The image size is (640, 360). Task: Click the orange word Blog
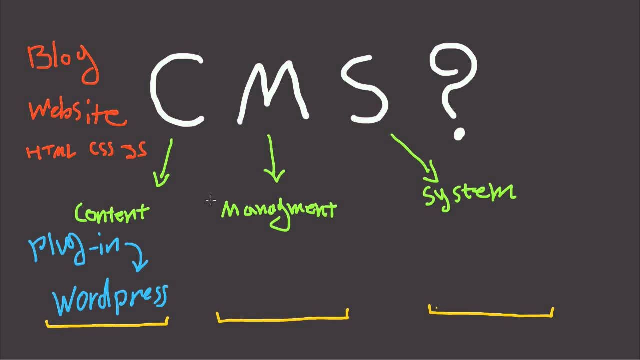point(62,62)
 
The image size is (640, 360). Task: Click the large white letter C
point(175,90)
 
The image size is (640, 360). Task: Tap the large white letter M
point(272,90)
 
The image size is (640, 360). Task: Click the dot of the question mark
point(459,134)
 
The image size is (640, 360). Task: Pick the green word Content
point(112,213)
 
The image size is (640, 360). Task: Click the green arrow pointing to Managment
point(272,160)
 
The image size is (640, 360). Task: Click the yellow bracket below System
point(491,313)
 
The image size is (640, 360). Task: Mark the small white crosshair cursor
point(210,200)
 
